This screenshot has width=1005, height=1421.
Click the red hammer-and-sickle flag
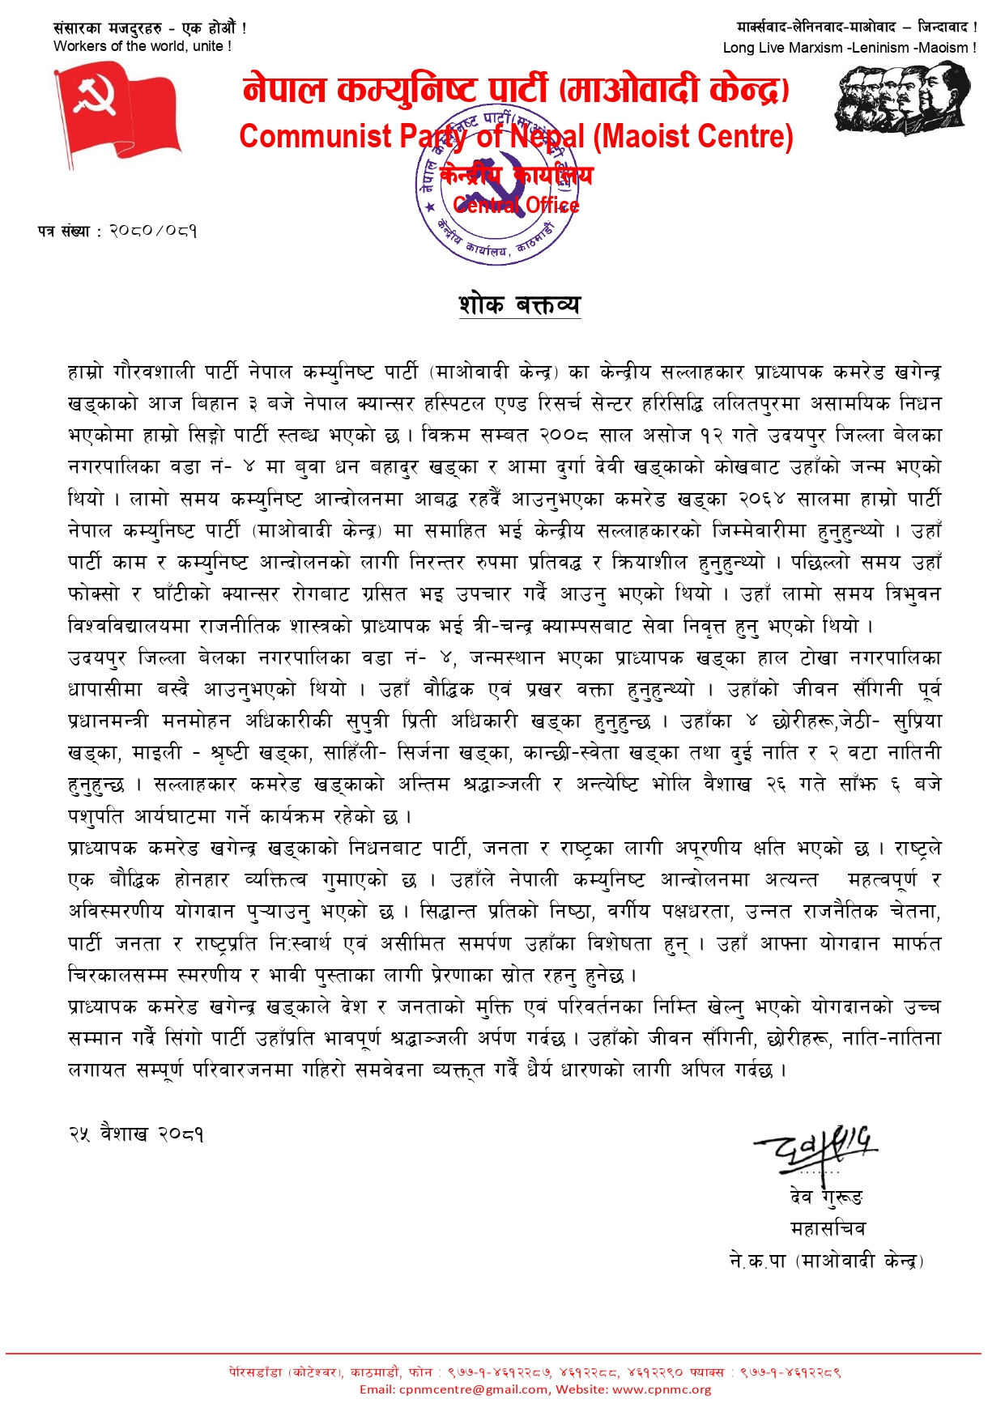tap(117, 113)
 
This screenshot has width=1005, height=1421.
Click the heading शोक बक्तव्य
tap(519, 304)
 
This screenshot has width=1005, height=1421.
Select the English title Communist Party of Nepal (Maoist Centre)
tap(516, 136)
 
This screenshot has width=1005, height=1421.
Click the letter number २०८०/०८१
tap(153, 231)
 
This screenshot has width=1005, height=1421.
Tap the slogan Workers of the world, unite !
tap(143, 46)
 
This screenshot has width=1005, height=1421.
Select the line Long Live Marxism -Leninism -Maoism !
tap(850, 48)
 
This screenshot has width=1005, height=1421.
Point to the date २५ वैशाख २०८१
tap(136, 1134)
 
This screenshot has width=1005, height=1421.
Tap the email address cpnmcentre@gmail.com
tap(473, 1389)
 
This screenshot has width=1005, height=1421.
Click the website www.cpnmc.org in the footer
tap(662, 1389)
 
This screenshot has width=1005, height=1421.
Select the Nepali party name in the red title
tap(516, 89)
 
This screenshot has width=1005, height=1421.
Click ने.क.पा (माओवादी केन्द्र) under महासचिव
tap(826, 1261)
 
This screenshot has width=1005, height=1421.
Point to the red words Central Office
tap(516, 205)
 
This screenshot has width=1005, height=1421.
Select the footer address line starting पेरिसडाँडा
tap(535, 1372)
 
